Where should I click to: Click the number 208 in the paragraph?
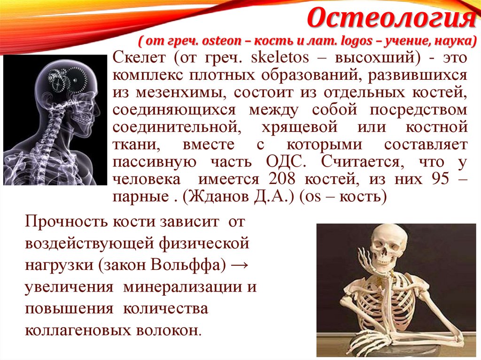click(x=283, y=179)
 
